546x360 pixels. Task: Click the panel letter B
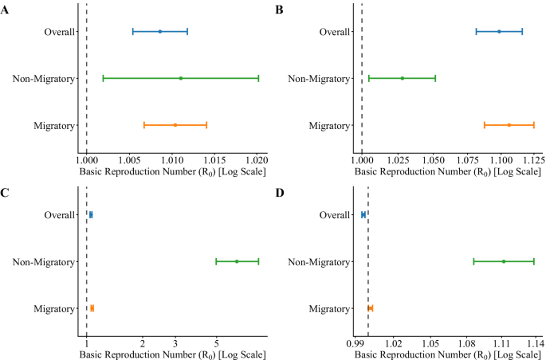[279, 10]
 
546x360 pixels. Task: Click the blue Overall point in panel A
[159, 32]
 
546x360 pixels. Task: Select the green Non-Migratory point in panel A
[181, 78]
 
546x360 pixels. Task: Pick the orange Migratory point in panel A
[175, 125]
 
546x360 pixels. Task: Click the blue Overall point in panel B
[499, 32]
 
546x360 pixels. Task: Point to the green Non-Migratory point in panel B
[403, 78]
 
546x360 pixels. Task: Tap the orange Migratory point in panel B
[509, 125]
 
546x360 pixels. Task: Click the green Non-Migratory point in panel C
[237, 261]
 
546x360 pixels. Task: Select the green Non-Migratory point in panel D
[503, 261]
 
